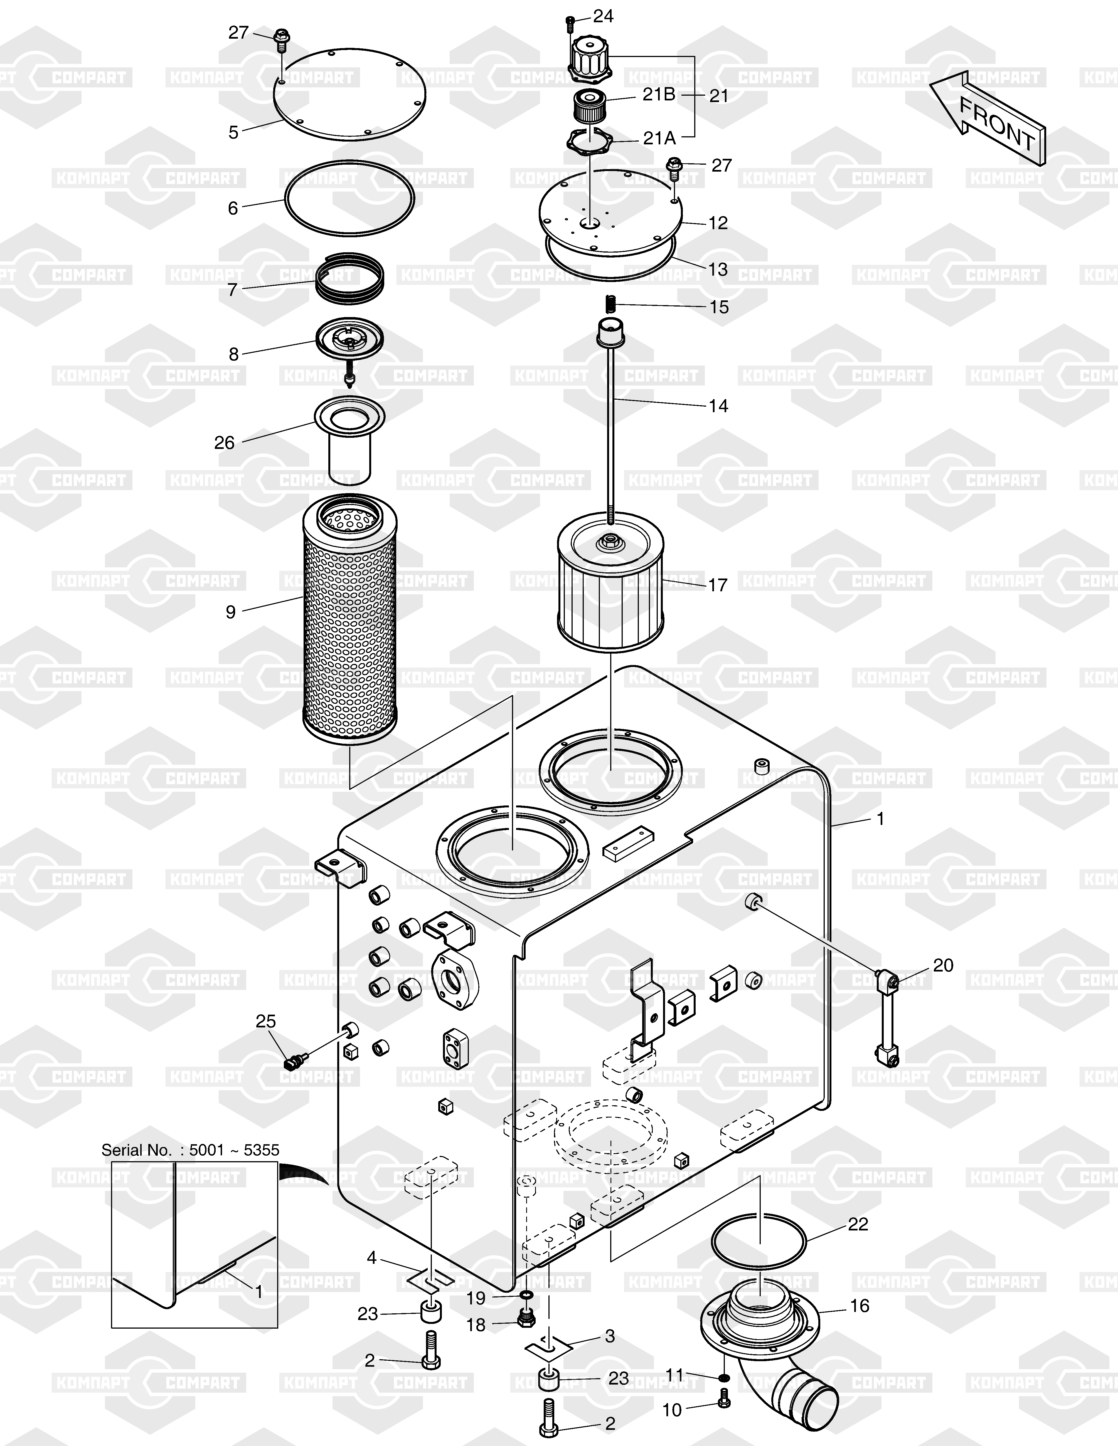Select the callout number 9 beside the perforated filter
pyautogui.click(x=230, y=612)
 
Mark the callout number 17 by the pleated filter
pyautogui.click(x=718, y=585)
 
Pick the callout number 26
pyautogui.click(x=225, y=442)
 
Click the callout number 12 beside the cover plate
pyautogui.click(x=718, y=223)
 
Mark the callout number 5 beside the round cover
pyautogui.click(x=233, y=132)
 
